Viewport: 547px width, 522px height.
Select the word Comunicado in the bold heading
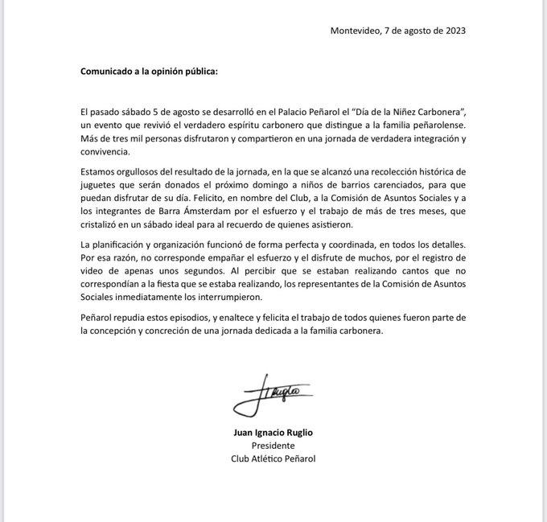(109, 71)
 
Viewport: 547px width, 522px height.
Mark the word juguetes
(101, 185)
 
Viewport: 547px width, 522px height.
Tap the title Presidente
(273, 445)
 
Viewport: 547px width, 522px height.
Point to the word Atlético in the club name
(270, 458)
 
